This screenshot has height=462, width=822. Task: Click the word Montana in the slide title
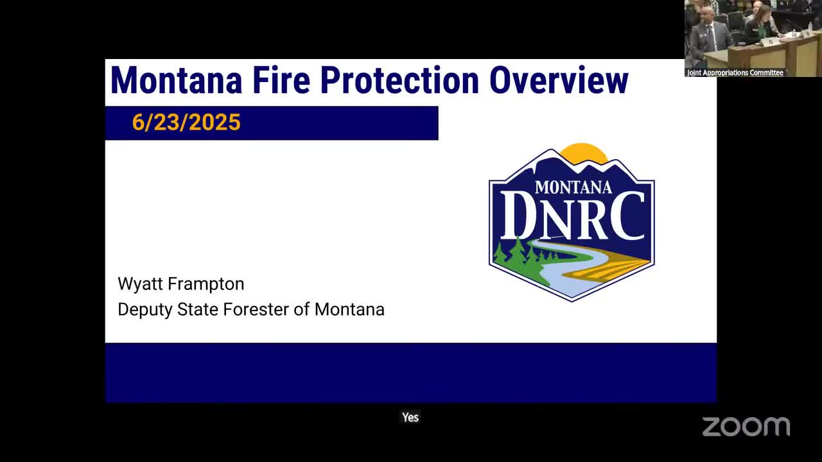(x=176, y=80)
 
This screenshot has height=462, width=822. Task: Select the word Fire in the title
(x=281, y=80)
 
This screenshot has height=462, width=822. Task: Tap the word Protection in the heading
(x=399, y=80)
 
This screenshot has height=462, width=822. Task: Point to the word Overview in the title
(x=559, y=80)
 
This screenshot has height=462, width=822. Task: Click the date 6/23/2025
(x=186, y=122)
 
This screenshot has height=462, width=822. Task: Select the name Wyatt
(x=140, y=284)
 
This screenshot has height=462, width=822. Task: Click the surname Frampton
(x=207, y=284)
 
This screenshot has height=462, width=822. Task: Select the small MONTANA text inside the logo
(x=573, y=187)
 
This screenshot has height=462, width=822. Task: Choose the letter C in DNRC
(x=627, y=216)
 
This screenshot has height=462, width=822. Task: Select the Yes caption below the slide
(x=410, y=417)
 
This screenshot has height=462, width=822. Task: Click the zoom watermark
(x=746, y=427)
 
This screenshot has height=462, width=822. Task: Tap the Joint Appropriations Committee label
(x=735, y=73)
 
